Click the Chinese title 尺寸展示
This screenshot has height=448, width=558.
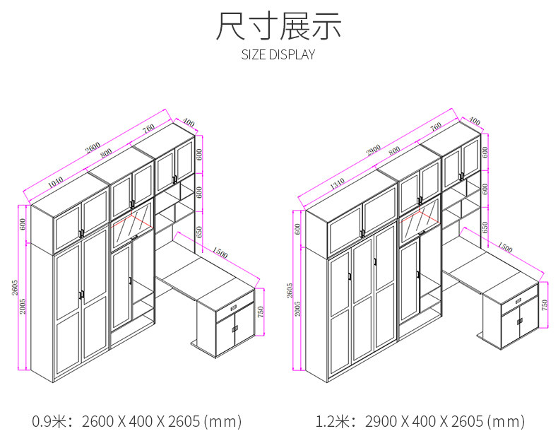278,27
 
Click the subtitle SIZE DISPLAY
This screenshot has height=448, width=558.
278,55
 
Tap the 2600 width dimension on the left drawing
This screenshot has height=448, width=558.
93,148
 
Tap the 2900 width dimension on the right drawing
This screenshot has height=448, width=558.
374,149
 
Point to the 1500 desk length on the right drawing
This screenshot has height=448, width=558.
505,249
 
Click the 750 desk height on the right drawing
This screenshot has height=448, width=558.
543,305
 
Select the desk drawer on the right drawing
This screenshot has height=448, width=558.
519,302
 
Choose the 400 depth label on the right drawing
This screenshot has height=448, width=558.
475,122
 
